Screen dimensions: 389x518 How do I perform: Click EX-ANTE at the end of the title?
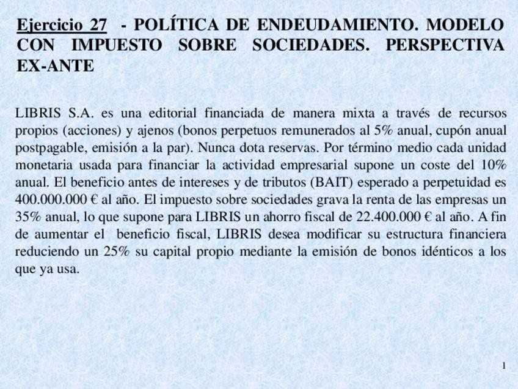(56, 65)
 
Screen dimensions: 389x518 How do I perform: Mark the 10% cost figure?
(492, 165)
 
